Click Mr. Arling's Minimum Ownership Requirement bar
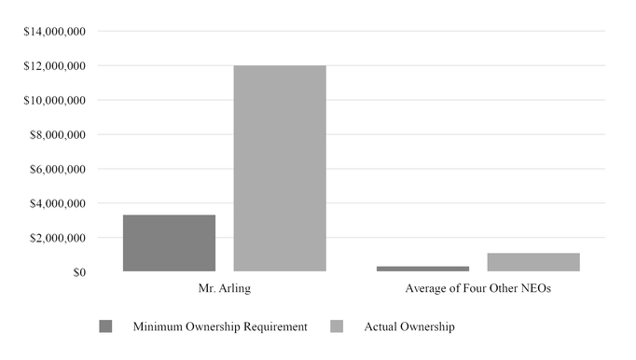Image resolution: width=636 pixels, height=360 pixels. [169, 243]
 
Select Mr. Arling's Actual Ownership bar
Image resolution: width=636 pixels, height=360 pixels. [280, 169]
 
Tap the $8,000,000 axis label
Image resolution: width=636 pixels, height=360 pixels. [59, 135]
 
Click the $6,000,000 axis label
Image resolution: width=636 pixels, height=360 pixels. [59, 170]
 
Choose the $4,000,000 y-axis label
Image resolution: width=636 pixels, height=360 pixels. [59, 203]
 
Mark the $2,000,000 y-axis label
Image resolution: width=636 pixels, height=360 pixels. [59, 238]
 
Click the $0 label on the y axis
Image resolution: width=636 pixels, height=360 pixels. [76, 272]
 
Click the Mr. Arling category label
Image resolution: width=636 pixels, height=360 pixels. [225, 289]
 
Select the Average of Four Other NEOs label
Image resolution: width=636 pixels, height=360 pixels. [477, 289]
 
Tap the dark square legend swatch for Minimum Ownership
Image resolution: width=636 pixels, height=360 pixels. [105, 326]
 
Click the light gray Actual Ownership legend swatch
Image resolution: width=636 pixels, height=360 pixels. [339, 326]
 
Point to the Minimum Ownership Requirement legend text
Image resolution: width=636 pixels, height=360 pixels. [220, 327]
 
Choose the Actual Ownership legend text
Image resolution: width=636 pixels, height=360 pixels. [409, 327]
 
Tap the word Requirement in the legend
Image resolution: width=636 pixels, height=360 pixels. [275, 327]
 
